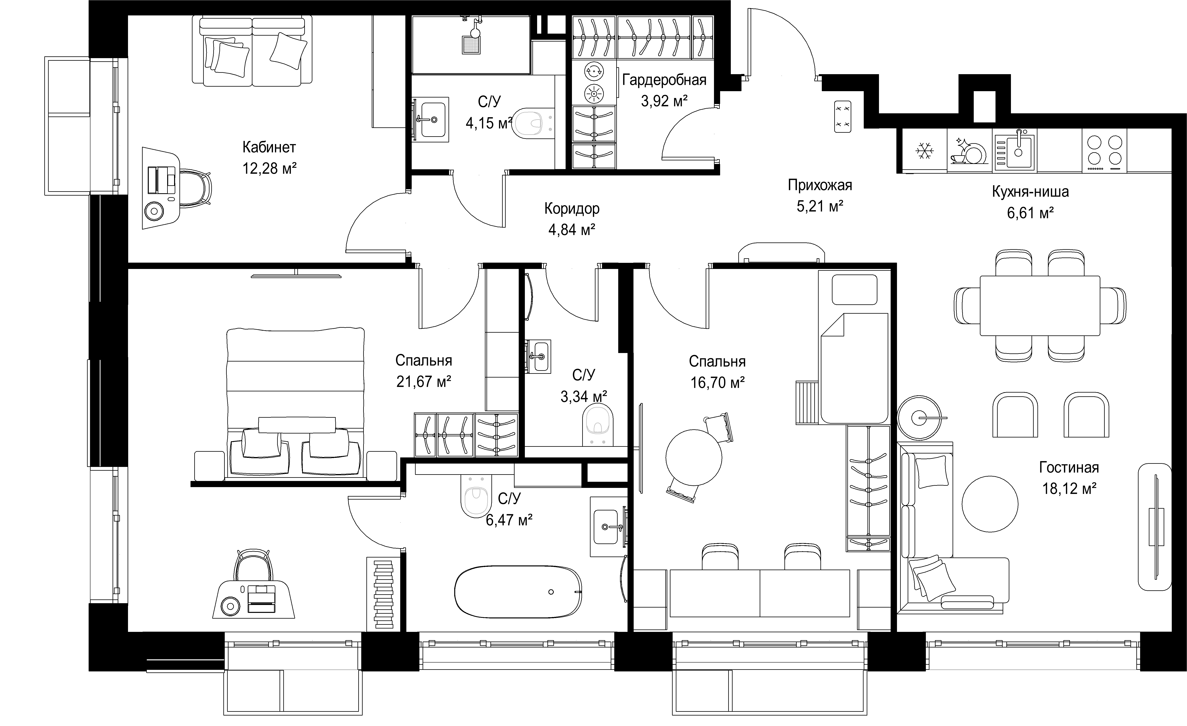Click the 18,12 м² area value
1069,489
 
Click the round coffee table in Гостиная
990,504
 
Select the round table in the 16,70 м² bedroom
694,457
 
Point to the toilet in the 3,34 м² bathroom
598,424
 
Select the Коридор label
572,208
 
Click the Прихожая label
820,185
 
